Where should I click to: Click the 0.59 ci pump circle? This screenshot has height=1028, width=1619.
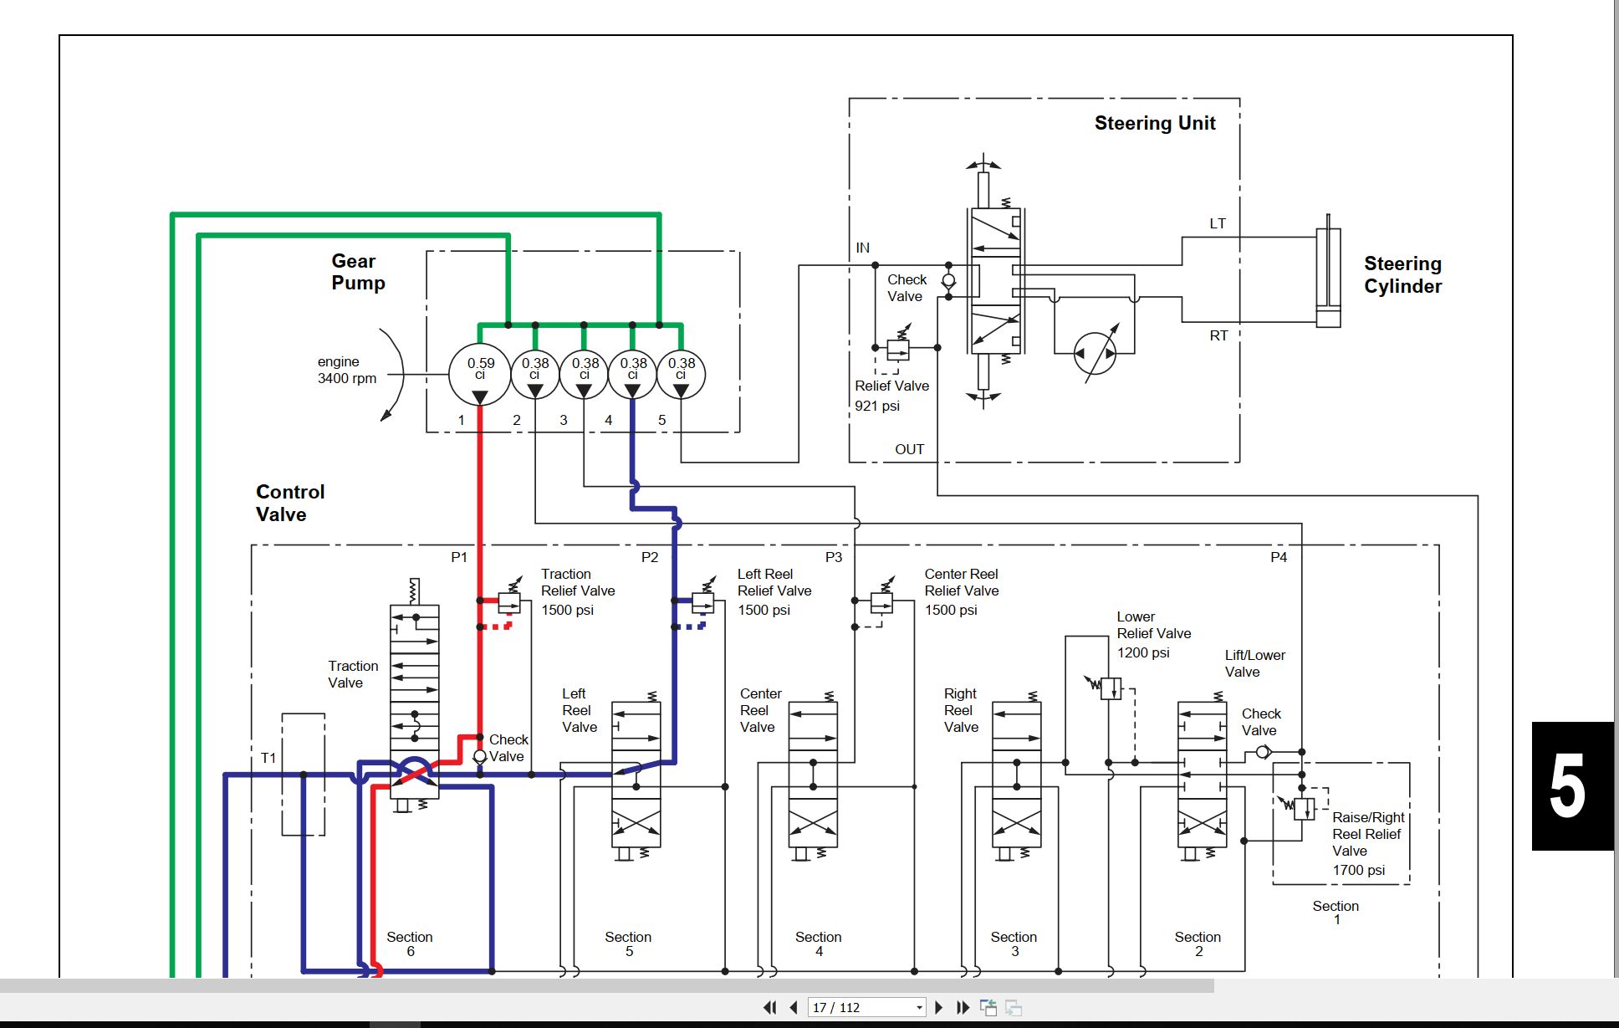pos(479,373)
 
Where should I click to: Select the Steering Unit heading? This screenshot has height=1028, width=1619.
pos(1155,123)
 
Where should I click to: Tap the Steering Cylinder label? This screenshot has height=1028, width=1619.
pos(1402,275)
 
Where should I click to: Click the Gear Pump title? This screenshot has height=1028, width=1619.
pos(358,272)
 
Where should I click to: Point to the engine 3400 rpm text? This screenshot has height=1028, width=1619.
pos(346,370)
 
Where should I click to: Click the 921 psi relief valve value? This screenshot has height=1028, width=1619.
pos(876,406)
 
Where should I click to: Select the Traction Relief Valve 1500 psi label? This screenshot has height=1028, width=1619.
pos(577,592)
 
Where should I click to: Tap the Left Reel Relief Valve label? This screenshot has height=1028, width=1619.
pos(774,592)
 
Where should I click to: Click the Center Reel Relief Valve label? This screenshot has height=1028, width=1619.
pos(961,592)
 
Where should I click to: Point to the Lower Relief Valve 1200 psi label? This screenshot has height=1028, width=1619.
pos(1153,635)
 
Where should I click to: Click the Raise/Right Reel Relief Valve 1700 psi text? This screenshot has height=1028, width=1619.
pos(1367,843)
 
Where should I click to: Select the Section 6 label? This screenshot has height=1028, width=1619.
pos(410,944)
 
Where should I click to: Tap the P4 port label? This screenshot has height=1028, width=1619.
pos(1279,557)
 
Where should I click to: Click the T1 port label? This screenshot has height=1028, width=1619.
pos(268,758)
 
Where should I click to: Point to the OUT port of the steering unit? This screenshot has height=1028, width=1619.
pos(909,449)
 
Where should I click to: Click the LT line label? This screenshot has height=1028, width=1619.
pos(1218,223)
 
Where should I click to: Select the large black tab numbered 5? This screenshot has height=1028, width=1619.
pos(1572,785)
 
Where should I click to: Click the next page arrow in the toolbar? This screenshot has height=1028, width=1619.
pos(938,1007)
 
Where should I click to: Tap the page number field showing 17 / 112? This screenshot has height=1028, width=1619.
pos(867,1007)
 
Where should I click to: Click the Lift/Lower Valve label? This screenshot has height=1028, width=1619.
pos(1254,663)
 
